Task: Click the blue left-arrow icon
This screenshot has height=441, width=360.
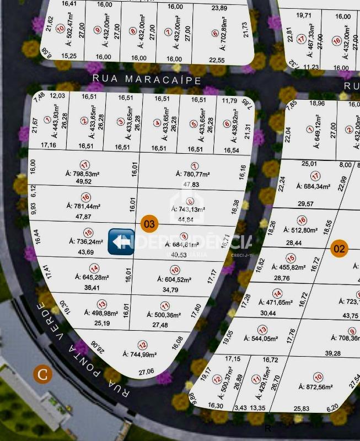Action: click(x=121, y=241)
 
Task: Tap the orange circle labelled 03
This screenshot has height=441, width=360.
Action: click(x=149, y=224)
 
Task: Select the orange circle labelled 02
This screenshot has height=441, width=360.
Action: click(x=340, y=249)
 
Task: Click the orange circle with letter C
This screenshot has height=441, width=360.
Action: click(x=43, y=374)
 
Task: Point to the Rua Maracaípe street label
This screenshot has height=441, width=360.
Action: click(x=147, y=79)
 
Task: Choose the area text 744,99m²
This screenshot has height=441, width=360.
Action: click(x=139, y=354)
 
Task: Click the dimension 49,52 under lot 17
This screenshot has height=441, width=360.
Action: click(x=84, y=181)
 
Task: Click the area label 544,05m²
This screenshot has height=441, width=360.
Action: click(x=262, y=339)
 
